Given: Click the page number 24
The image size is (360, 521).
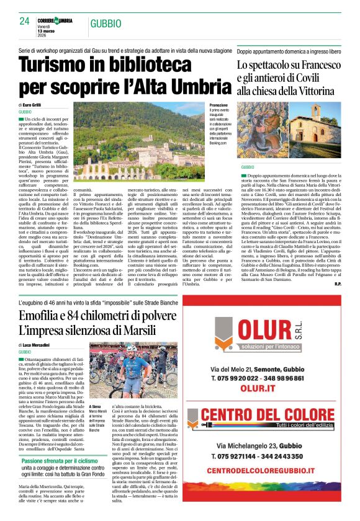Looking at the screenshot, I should click(25, 21).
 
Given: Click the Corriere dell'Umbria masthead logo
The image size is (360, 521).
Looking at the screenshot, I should click(55, 20).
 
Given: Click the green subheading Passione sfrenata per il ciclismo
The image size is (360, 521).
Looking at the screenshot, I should click(60, 461).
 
